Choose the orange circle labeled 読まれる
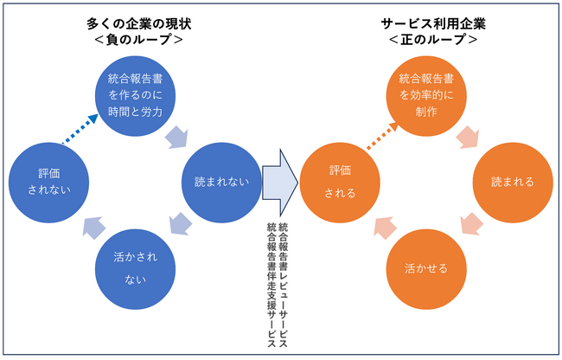512,183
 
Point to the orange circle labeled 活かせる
426,267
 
